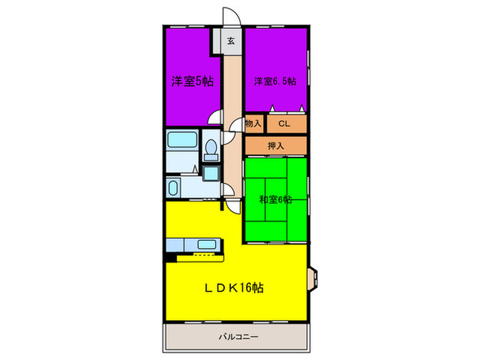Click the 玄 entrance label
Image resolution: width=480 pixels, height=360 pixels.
point(231,40)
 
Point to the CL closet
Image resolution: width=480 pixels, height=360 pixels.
point(284,123)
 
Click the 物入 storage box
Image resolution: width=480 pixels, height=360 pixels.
point(253,123)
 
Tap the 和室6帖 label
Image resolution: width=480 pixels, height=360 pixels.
point(275,200)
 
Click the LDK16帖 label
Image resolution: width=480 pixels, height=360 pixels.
point(236,288)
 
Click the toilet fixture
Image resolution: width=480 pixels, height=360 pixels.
point(212,147)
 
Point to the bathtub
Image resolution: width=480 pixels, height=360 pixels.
point(182,143)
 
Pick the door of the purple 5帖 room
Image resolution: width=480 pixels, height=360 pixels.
point(215,118)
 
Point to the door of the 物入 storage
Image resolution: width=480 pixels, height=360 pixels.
point(237,125)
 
